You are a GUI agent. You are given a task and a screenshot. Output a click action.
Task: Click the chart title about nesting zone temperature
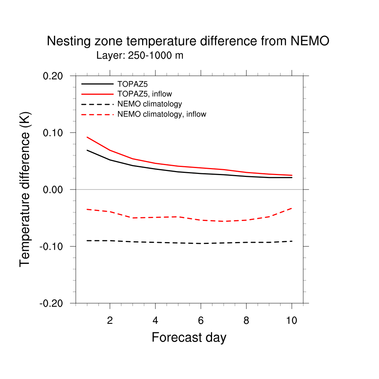click(188, 41)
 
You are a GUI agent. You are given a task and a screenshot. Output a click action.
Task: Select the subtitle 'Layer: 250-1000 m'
click(140, 56)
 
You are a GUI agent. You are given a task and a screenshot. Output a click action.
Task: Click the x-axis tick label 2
click(110, 321)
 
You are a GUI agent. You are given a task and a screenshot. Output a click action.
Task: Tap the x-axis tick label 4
click(155, 321)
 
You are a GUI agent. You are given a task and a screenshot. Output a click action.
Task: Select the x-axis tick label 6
click(201, 321)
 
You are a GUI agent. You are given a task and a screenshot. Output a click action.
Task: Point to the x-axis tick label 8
click(246, 321)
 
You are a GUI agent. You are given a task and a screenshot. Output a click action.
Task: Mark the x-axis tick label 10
click(292, 321)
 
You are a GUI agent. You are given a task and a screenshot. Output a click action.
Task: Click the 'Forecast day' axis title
click(189, 338)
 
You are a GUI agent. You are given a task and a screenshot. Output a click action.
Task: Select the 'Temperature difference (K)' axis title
click(25, 189)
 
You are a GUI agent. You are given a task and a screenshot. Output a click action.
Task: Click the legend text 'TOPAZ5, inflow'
click(145, 94)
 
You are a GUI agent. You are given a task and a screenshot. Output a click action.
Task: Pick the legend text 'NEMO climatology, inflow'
click(162, 114)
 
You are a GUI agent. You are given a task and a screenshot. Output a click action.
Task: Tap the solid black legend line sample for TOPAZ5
click(97, 84)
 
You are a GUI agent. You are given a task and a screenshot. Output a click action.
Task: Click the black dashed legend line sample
click(97, 104)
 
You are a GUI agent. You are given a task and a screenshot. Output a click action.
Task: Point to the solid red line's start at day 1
click(87, 137)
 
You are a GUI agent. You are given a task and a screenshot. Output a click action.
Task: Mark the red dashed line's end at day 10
click(292, 208)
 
